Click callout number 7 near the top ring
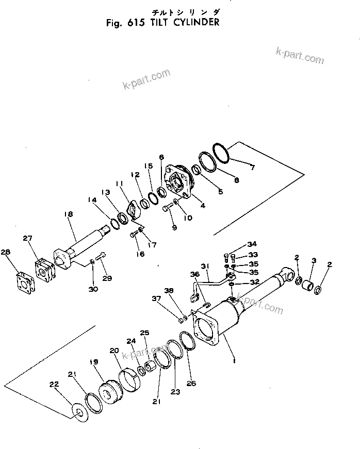[x=252, y=168]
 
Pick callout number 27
[x=27, y=238]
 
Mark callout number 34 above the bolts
[x=251, y=244]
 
